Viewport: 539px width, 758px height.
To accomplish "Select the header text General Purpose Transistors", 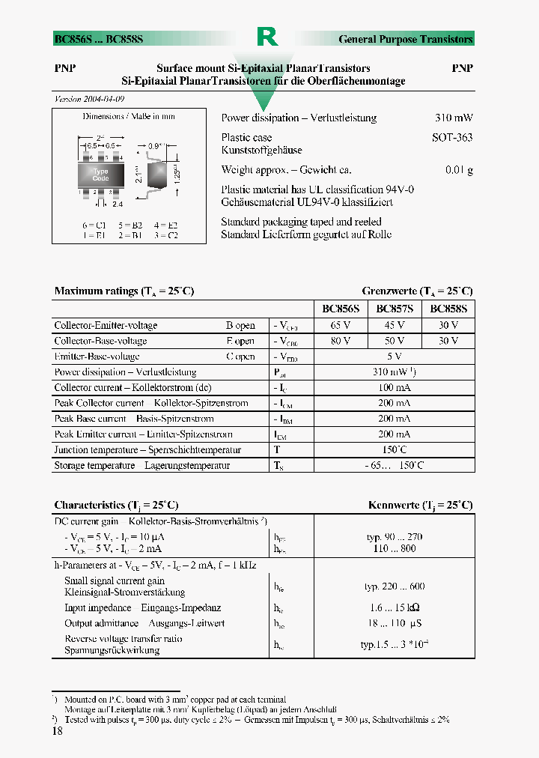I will point(405,39).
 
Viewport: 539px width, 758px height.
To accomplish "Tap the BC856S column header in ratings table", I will point(341,309).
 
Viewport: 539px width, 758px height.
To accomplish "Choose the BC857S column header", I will point(394,309).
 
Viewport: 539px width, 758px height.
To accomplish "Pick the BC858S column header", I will point(448,309).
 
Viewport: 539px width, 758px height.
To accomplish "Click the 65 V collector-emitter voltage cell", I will point(341,326).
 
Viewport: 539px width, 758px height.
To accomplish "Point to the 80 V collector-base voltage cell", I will point(341,341).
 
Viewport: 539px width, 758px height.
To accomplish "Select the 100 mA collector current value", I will point(394,388).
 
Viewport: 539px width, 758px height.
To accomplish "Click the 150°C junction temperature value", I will point(394,449).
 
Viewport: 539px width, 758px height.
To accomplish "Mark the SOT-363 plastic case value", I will point(452,138).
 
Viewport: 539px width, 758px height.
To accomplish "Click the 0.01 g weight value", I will point(459,170).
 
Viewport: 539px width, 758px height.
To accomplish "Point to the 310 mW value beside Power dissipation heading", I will point(454,118).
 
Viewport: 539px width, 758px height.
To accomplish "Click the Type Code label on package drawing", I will point(100,175).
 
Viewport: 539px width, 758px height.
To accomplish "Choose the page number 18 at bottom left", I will point(58,732).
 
